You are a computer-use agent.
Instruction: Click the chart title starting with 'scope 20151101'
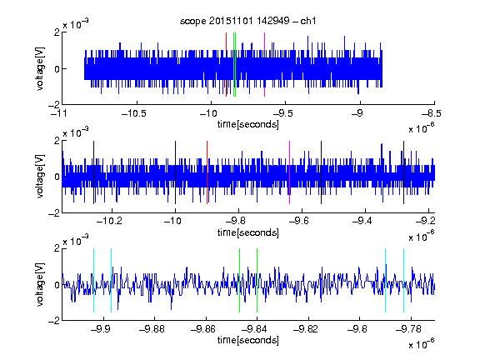247,21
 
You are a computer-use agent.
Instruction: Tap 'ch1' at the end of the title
308,21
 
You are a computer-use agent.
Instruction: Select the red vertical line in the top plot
226,65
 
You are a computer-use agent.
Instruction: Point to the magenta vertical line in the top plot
264,65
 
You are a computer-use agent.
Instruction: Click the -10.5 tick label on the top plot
134,114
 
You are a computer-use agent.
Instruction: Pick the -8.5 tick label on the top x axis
432,114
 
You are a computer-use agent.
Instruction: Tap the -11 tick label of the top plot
59,114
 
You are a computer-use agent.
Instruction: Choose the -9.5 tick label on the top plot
283,114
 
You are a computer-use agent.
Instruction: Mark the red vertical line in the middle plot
207,172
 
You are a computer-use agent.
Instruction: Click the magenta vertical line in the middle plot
290,172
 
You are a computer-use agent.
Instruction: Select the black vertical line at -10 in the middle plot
175,172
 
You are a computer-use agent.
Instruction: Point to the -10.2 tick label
109,221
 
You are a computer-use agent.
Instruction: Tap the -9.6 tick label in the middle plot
299,221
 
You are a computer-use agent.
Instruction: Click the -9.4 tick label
362,221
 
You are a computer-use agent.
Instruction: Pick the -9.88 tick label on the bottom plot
152,329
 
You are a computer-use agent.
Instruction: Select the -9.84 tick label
254,329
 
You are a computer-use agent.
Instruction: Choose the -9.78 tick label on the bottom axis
408,329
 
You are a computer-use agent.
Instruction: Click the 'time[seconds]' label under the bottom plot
248,340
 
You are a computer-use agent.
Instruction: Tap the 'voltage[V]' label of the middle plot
40,177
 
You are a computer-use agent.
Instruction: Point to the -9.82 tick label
306,329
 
